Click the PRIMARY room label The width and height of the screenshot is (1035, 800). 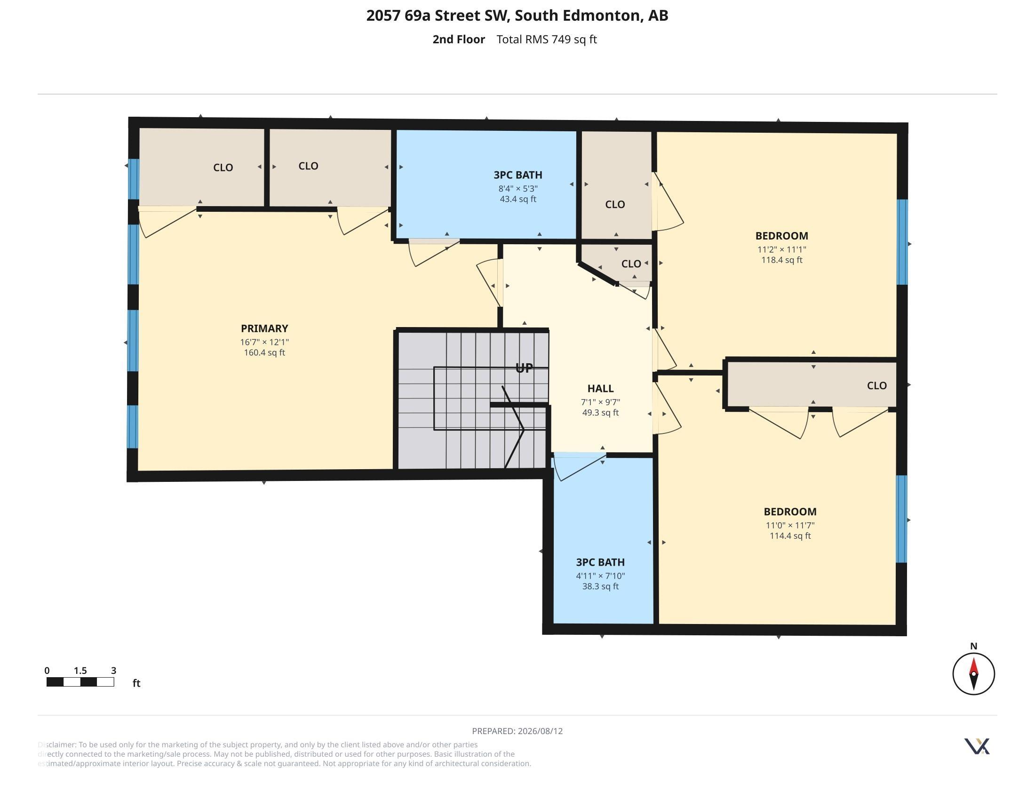[x=264, y=328]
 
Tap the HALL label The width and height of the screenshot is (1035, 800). [x=600, y=389]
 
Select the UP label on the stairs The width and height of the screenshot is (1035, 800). [x=524, y=368]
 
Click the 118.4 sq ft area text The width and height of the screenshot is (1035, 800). [x=782, y=260]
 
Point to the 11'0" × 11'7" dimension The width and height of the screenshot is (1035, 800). [x=790, y=525]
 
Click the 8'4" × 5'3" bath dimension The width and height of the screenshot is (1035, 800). [x=518, y=189]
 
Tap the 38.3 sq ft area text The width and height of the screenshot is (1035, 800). [x=600, y=586]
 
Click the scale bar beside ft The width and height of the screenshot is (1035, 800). [x=80, y=682]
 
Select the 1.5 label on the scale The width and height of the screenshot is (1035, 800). [x=80, y=671]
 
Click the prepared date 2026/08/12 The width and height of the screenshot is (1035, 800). [x=540, y=731]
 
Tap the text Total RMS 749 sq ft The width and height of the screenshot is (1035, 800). [x=546, y=40]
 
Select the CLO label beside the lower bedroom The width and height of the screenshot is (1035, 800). [x=877, y=386]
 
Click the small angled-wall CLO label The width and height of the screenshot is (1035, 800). [x=631, y=264]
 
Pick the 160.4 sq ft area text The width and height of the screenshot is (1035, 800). [x=264, y=352]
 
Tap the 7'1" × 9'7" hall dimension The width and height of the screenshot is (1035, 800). [x=600, y=402]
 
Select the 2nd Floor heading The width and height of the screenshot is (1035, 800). [x=459, y=40]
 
